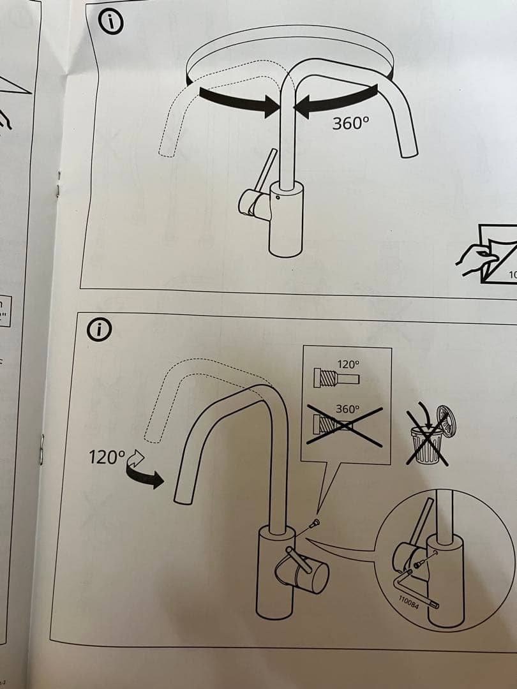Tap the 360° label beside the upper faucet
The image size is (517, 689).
[350, 124]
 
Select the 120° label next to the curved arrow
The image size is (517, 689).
[107, 458]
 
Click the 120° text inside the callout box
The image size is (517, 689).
[348, 365]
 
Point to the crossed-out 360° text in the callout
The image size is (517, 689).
[347, 409]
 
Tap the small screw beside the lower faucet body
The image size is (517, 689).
[315, 524]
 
